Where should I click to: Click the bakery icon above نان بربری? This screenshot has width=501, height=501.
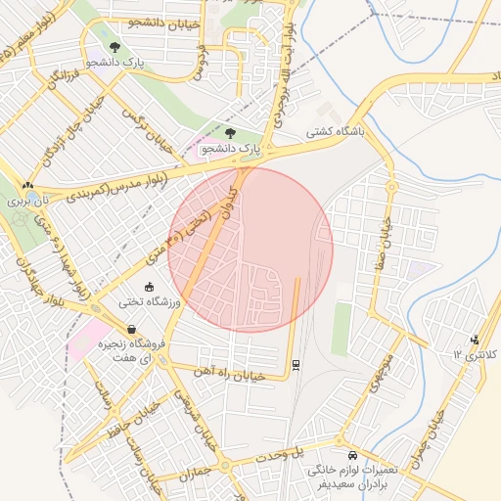27,185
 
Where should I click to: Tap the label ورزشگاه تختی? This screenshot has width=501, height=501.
151,302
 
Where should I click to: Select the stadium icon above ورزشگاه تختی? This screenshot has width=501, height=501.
149,287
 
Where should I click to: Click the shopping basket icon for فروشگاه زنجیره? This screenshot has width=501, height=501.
131,330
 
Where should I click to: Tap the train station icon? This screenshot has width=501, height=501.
296,365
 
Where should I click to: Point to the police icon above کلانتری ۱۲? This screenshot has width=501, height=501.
476,340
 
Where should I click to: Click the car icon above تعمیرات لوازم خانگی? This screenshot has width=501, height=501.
351,456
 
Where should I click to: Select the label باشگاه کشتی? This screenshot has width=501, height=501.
335,131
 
